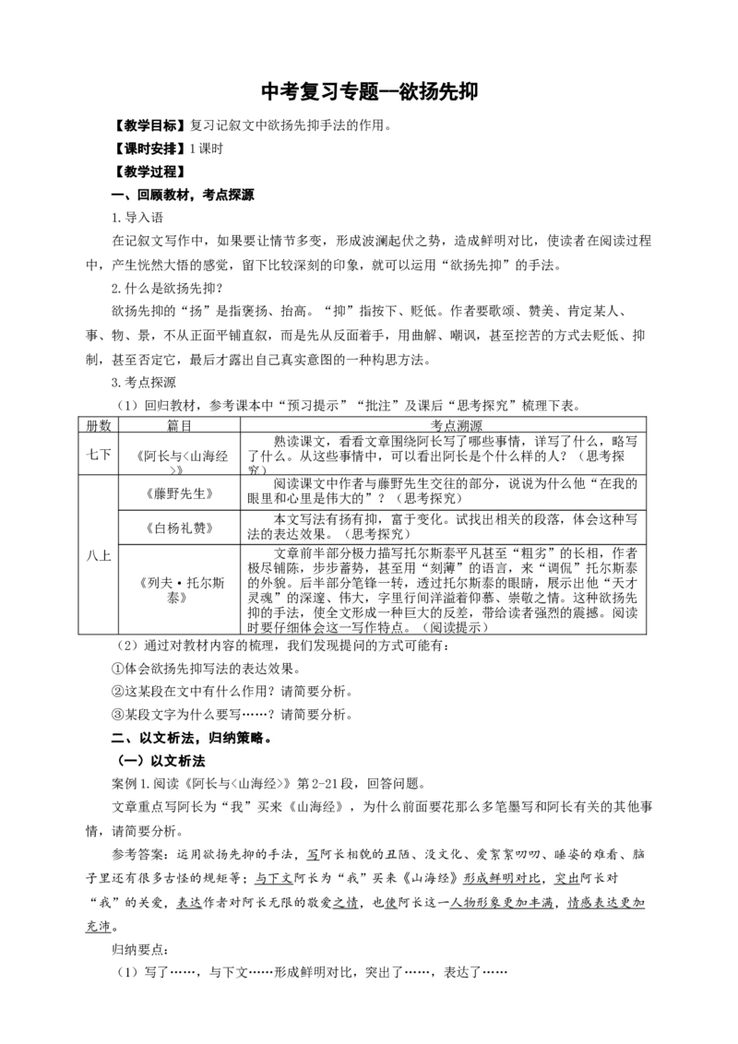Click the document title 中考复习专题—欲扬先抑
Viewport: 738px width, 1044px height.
[369, 91]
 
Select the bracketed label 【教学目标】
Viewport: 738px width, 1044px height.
[148, 125]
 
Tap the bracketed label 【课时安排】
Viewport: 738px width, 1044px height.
[148, 148]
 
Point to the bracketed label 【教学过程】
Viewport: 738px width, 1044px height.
[148, 172]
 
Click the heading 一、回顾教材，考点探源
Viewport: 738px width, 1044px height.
[183, 196]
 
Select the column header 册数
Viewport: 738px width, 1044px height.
[99, 425]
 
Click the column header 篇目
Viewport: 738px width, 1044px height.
[179, 425]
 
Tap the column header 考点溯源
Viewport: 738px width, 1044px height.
[457, 425]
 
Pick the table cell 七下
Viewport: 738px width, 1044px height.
[99, 455]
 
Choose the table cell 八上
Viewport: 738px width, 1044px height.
[99, 555]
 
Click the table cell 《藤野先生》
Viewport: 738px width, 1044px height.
[179, 494]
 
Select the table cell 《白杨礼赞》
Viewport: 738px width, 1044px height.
[179, 528]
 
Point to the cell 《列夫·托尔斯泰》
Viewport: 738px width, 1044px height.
[179, 590]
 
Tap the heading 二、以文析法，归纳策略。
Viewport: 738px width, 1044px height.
[191, 738]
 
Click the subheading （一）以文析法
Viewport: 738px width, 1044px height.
[161, 761]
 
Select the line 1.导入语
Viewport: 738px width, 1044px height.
[137, 218]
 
